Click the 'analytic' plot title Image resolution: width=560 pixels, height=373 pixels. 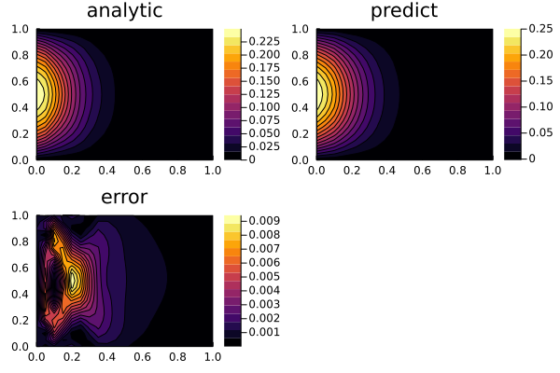tap(124, 11)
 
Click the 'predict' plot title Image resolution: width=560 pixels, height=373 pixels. tap(404, 11)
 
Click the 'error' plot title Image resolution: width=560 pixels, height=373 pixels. tap(124, 198)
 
